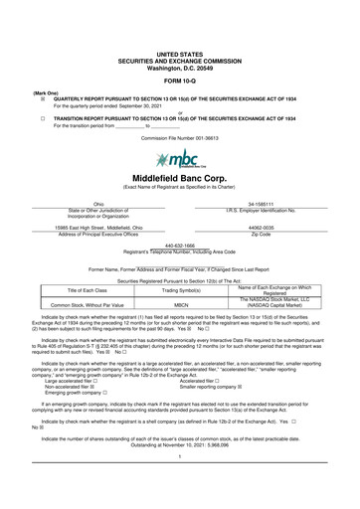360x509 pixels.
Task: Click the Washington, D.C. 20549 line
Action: (180, 65)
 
